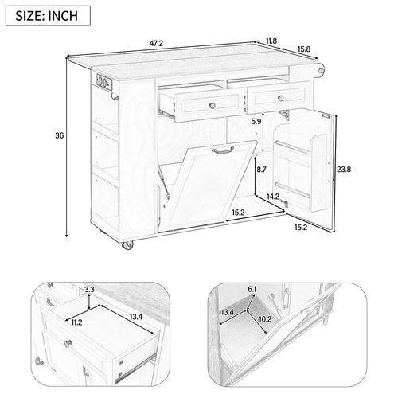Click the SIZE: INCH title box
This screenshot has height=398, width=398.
click(45, 15)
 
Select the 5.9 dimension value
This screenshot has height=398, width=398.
click(256, 122)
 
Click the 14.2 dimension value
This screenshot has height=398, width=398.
click(272, 197)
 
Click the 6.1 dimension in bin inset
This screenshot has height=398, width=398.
click(251, 289)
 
